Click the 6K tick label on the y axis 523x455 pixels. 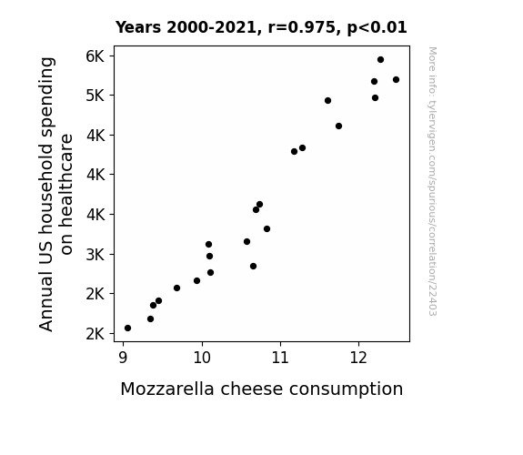pos(96,56)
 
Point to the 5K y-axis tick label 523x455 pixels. pos(96,96)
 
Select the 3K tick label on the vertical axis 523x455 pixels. pos(96,255)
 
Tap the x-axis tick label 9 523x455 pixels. pos(123,358)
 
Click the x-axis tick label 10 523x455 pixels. pos(202,358)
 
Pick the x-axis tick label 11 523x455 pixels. pos(280,358)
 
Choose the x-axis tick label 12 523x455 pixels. pos(358,358)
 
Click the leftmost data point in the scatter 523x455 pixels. pos(127,329)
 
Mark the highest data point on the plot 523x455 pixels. pos(380,60)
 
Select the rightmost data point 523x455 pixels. pos(396,80)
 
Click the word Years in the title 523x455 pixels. pos(138,27)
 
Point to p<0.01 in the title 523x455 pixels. pos(377,28)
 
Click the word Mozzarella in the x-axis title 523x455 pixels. pos(167,389)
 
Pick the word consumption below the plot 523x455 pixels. pos(346,389)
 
